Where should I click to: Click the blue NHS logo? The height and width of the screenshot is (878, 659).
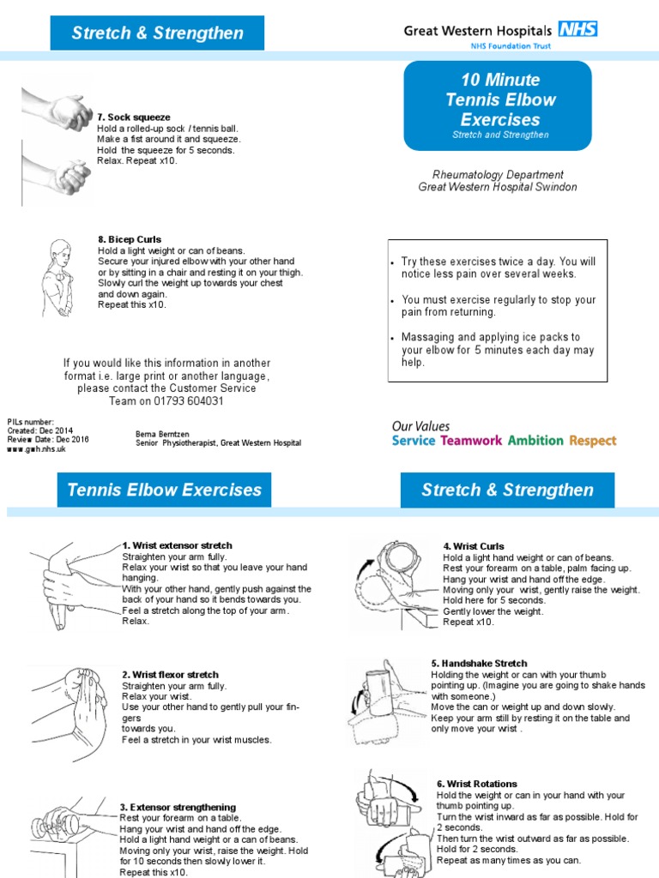[x=577, y=30]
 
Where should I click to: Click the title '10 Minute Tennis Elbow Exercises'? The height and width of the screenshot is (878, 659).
[x=499, y=99]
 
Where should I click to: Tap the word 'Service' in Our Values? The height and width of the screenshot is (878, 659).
[x=414, y=441]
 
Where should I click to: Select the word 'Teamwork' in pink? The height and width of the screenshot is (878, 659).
[x=471, y=441]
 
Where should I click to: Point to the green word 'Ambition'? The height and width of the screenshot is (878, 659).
[x=535, y=441]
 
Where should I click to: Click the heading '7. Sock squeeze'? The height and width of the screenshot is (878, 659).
[x=134, y=117]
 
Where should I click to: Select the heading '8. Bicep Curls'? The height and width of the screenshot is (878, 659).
[x=130, y=239]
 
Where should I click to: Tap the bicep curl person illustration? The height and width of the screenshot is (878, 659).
[x=59, y=279]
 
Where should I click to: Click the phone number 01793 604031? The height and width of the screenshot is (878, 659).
[x=190, y=400]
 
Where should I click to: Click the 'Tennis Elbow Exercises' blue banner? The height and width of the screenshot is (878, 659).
[x=164, y=490]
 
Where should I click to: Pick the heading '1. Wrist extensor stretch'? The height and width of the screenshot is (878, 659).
[x=177, y=545]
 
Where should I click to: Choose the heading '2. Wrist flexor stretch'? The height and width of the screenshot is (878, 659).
[x=170, y=675]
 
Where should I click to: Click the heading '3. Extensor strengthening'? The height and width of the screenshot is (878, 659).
[x=178, y=807]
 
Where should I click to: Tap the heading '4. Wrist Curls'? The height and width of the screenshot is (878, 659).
[x=474, y=546]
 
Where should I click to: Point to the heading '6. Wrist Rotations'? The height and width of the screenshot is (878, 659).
[x=477, y=784]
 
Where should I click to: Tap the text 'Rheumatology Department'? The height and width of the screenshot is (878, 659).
[x=498, y=174]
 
